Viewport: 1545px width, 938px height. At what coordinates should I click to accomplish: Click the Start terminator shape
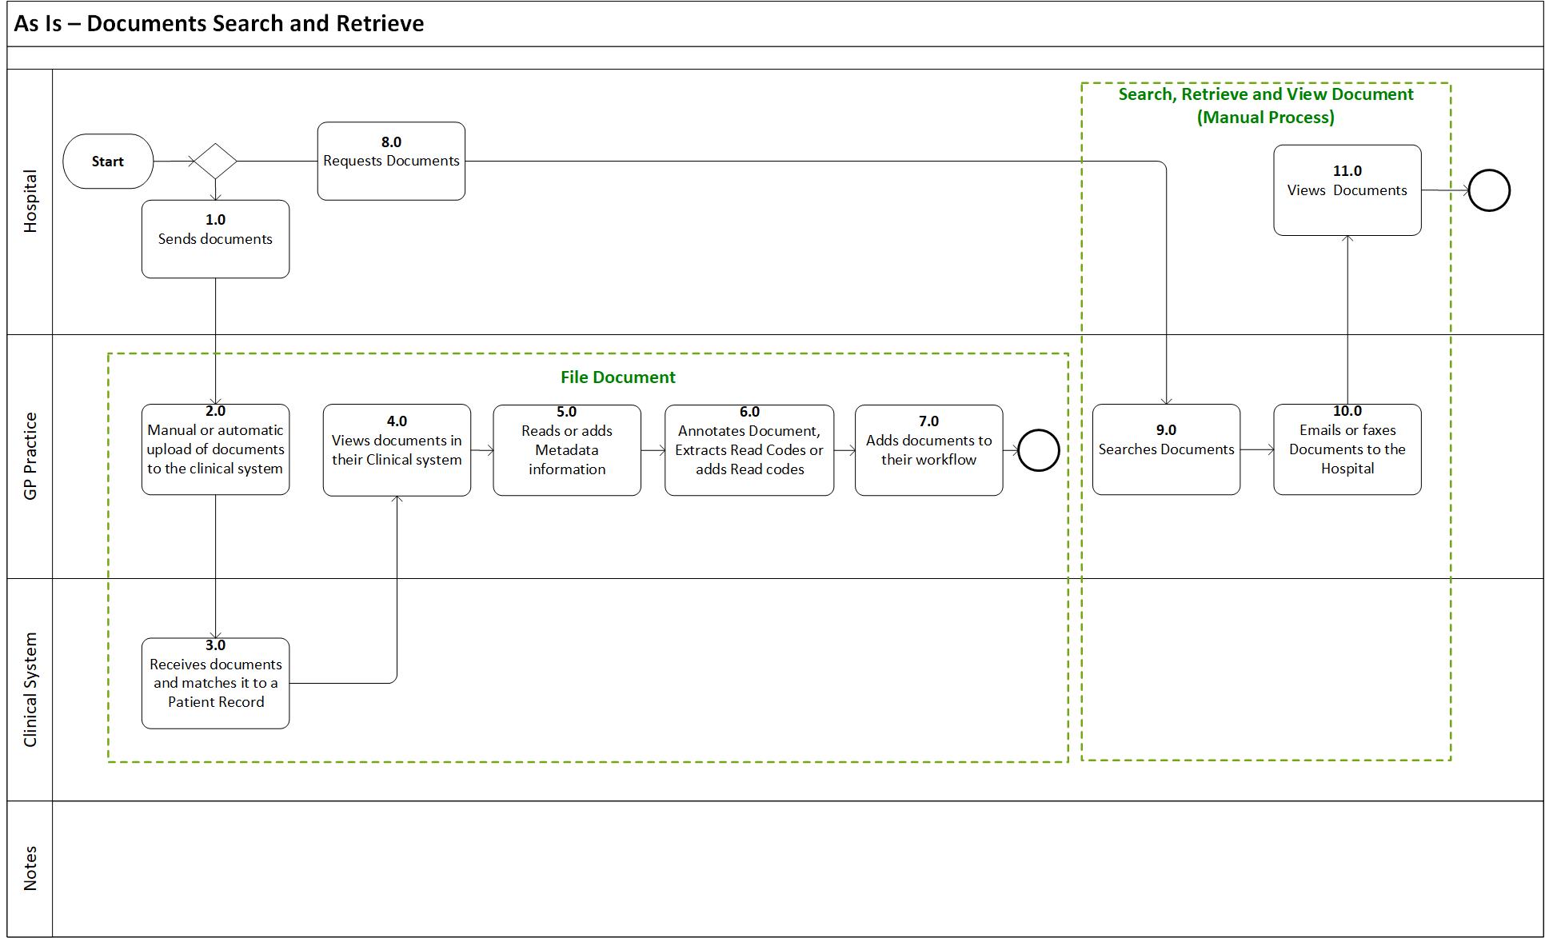tap(108, 162)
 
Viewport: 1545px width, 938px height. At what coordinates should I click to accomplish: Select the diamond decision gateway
tap(215, 162)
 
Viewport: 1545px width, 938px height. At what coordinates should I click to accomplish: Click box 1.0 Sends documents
tap(215, 238)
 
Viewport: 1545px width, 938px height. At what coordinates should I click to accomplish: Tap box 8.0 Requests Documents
tap(391, 161)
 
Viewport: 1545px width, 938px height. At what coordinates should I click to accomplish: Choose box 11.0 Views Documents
tap(1347, 190)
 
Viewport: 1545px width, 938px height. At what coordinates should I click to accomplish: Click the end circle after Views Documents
tap(1488, 190)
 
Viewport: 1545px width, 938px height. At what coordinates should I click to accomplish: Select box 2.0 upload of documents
tap(215, 449)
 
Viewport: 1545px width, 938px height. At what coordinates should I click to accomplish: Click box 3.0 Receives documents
tap(215, 683)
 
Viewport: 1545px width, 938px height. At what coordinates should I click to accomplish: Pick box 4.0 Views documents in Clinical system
tap(397, 450)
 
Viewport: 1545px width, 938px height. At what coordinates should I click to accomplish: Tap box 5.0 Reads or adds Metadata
tap(566, 450)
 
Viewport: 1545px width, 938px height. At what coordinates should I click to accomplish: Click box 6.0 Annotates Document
tap(749, 450)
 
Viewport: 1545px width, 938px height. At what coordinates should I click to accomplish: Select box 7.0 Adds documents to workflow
tap(928, 450)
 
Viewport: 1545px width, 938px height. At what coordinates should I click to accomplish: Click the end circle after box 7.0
tap(1038, 450)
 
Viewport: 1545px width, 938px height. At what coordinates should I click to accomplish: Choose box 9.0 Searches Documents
tap(1166, 449)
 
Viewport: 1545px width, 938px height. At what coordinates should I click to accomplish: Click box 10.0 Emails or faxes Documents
tap(1347, 449)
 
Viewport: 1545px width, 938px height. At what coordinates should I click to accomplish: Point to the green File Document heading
tap(617, 377)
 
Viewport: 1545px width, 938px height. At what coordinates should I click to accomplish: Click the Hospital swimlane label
tap(30, 202)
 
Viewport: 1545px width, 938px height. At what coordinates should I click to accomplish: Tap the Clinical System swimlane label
tap(30, 689)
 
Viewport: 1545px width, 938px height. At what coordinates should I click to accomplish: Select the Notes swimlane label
tap(30, 868)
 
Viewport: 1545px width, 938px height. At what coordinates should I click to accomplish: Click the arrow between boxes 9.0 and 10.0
tap(1256, 449)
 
